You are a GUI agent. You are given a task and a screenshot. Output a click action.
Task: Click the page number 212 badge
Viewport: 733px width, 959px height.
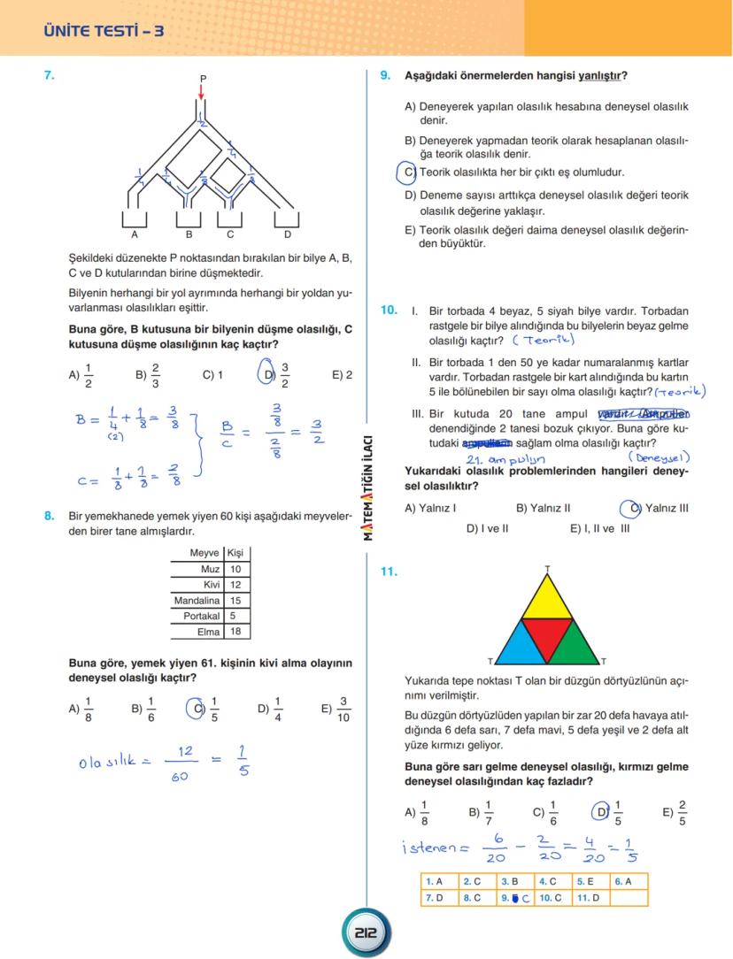(x=366, y=932)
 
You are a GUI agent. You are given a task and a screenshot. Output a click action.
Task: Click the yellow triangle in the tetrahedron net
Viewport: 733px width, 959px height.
(x=547, y=599)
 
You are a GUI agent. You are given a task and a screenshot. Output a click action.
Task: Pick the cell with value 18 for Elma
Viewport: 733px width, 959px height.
(x=235, y=632)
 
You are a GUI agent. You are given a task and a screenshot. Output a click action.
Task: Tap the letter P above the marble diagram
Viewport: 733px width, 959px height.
(x=203, y=79)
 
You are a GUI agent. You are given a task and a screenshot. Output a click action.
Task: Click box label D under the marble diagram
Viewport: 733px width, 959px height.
(x=287, y=234)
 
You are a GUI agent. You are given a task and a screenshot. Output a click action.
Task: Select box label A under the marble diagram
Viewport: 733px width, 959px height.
(x=135, y=234)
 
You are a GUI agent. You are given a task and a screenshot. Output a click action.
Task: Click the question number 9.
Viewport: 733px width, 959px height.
(x=385, y=76)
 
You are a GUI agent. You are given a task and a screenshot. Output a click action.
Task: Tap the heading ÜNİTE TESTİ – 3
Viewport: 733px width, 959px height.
(x=104, y=32)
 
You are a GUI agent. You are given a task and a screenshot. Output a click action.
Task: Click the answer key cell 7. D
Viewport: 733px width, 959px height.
(x=434, y=898)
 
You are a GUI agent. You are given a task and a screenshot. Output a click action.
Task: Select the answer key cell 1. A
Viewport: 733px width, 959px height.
(x=434, y=881)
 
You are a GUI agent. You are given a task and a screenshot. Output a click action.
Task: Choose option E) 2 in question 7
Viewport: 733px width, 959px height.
(x=342, y=374)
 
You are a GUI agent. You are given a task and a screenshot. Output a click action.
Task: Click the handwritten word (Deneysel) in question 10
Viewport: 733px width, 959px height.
(x=659, y=457)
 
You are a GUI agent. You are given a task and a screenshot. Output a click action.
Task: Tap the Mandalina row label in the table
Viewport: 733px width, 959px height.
(x=197, y=601)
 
